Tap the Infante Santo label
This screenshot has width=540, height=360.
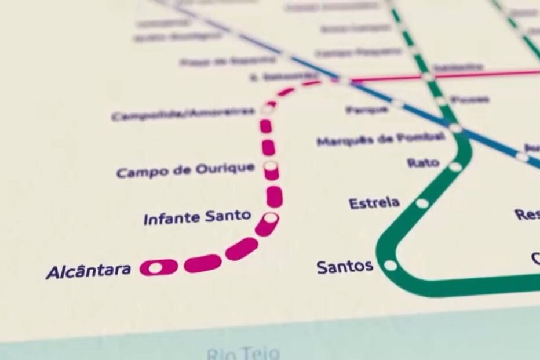(x=197, y=218)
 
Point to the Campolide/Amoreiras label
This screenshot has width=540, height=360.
(x=183, y=114)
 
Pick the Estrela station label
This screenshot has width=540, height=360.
(x=374, y=203)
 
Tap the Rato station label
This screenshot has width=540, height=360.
(x=423, y=163)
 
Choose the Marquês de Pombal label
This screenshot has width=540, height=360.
(x=381, y=139)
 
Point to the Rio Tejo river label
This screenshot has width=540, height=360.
(x=243, y=353)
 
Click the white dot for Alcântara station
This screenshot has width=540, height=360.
(x=155, y=268)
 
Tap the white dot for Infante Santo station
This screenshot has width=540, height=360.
(x=271, y=219)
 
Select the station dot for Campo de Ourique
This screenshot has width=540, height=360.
(x=271, y=166)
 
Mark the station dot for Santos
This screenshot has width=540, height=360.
(x=391, y=266)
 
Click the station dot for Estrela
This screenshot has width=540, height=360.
(x=422, y=203)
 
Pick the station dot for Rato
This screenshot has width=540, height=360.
(x=455, y=167)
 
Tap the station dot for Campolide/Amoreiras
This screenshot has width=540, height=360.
(x=267, y=108)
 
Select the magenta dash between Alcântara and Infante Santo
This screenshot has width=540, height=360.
(x=203, y=263)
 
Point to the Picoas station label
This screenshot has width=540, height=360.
(x=470, y=100)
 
